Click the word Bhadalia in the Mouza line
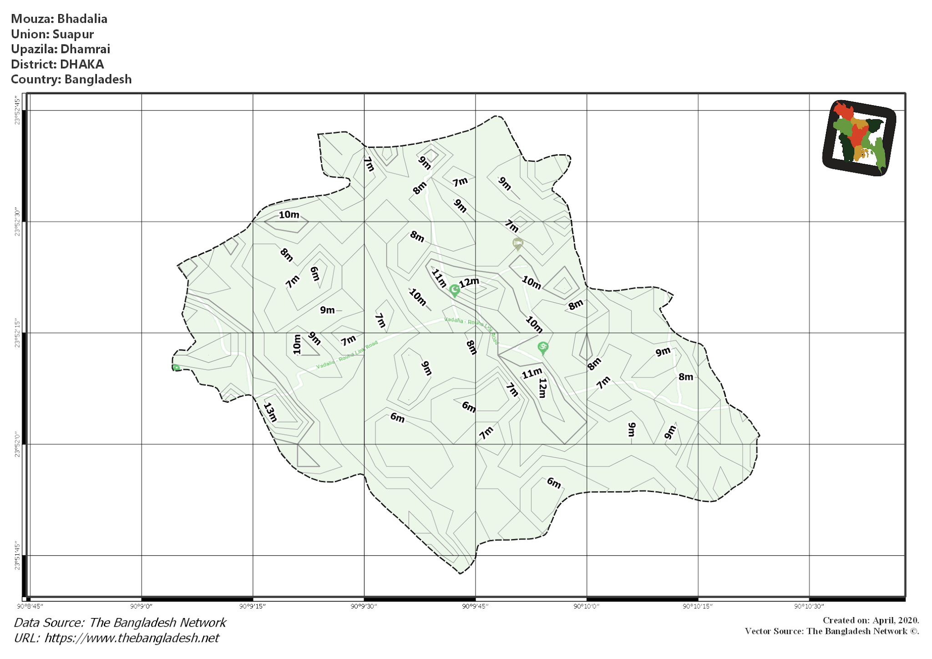coord(82,19)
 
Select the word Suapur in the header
coord(73,34)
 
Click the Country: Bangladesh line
coord(71,79)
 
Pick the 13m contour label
coord(270,412)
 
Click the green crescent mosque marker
coord(454,290)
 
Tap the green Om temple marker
coord(542,348)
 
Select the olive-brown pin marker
coord(517,243)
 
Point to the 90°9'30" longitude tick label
coord(364,606)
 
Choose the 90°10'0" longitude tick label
coord(586,606)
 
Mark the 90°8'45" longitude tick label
coord(30,606)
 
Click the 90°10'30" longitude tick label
coord(809,606)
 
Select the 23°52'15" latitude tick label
coord(17,333)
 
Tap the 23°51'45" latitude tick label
coord(17,556)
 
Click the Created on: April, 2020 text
coord(871,620)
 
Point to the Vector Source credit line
coord(831,631)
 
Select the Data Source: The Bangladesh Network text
coord(120,623)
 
